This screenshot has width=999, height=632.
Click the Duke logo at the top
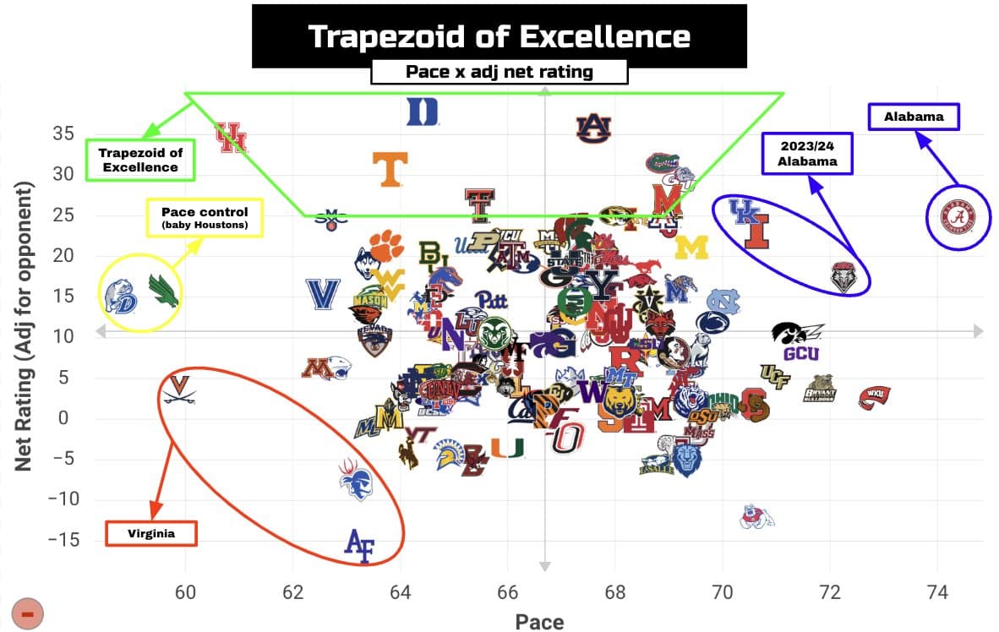(x=423, y=112)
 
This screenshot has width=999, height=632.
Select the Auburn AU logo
(x=593, y=127)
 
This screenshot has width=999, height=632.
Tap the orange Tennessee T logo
(x=390, y=168)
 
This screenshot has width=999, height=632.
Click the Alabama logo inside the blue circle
(x=958, y=218)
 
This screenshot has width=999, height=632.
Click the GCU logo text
(x=800, y=353)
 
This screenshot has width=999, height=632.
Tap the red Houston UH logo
(x=231, y=138)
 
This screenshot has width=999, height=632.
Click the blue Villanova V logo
(x=322, y=293)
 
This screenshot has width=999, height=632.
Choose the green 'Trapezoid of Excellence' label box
(x=139, y=160)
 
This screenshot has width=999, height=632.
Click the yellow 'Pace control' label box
(x=205, y=218)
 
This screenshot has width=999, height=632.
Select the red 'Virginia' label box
(x=151, y=533)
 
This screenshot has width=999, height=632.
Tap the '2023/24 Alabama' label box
(x=808, y=154)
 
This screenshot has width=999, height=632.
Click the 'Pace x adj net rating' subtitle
(x=499, y=72)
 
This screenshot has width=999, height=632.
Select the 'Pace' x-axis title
(x=539, y=621)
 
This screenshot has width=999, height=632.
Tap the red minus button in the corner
(x=27, y=613)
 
